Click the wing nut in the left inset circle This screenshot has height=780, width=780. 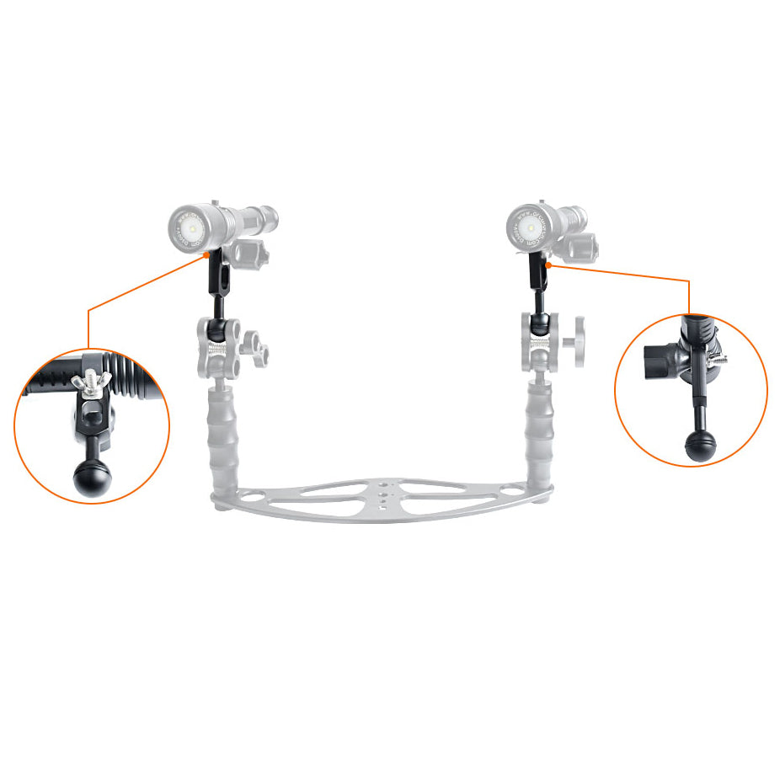coord(90,384)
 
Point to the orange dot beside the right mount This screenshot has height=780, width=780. coord(548,264)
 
